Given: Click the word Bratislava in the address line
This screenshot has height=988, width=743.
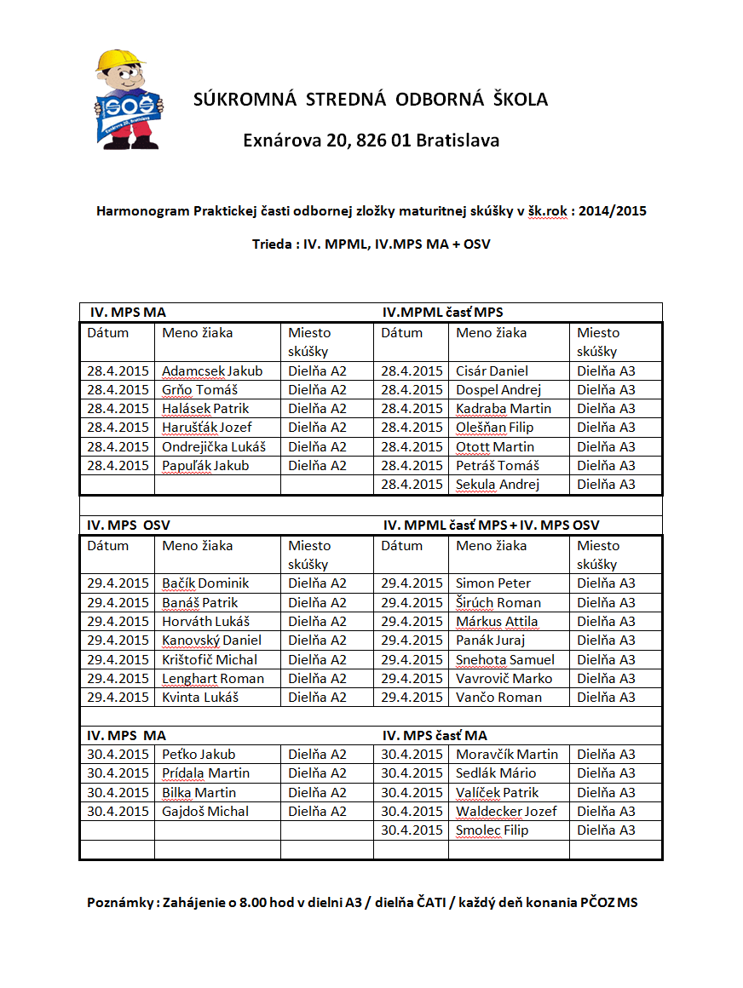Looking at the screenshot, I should [x=458, y=140].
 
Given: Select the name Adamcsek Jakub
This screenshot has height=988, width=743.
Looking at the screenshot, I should [x=212, y=371].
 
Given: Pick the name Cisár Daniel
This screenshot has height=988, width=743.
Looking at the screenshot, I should [x=492, y=371].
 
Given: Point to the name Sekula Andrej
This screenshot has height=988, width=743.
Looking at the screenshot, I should [x=498, y=485].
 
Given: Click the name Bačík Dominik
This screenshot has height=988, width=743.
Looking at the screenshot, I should [x=205, y=583].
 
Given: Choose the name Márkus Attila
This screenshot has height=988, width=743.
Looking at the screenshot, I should [x=497, y=622].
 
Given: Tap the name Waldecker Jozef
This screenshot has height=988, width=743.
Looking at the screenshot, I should [x=506, y=812].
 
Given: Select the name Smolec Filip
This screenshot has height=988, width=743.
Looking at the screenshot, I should [x=492, y=830].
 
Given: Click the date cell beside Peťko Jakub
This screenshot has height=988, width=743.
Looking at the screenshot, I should [x=118, y=755].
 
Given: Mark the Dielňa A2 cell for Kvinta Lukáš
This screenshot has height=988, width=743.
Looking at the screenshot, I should [x=317, y=698].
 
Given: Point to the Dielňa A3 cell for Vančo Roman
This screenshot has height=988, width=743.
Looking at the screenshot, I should [x=606, y=698].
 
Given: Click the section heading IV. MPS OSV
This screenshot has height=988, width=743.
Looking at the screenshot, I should [x=128, y=526].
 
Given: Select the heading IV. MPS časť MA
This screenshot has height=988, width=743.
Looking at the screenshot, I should [x=435, y=736].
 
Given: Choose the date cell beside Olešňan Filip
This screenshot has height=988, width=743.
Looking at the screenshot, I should [x=412, y=428].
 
